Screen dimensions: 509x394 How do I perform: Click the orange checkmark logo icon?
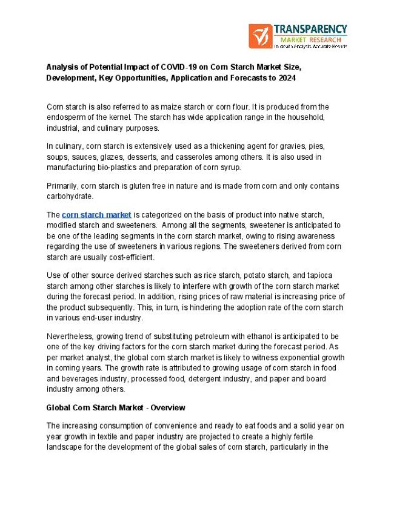(260, 36)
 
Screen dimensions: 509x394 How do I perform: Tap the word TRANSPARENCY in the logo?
(310, 29)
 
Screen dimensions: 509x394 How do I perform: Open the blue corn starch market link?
(96, 215)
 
